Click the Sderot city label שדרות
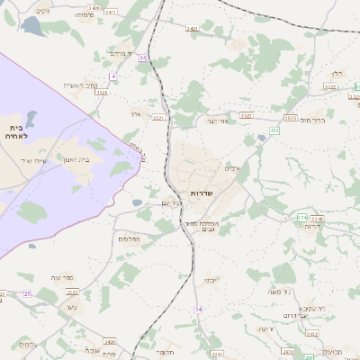pyautogui.click(x=202, y=194)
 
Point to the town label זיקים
pyautogui.click(x=42, y=11)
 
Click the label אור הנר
pyautogui.click(x=219, y=121)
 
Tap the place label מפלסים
pyautogui.click(x=127, y=238)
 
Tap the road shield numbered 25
pyautogui.click(x=27, y=293)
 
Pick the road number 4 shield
pyautogui.click(x=113, y=77)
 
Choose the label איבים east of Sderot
pyautogui.click(x=233, y=167)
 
